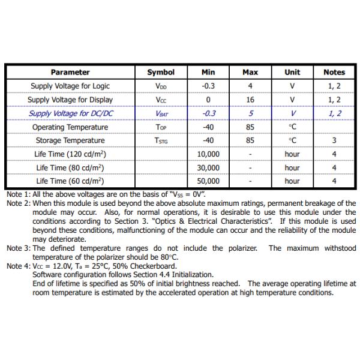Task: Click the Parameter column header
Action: point(70,72)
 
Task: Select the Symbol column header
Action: point(161,72)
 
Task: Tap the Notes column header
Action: point(334,72)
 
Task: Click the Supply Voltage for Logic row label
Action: point(70,86)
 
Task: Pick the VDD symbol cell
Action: point(161,86)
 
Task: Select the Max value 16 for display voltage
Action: point(250,100)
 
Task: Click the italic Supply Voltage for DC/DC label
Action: point(70,113)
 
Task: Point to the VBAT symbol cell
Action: point(161,113)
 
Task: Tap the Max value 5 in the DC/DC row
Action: point(250,113)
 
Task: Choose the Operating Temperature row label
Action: point(70,127)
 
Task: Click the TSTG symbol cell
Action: point(161,140)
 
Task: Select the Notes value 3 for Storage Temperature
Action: point(334,140)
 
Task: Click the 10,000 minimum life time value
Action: point(208,154)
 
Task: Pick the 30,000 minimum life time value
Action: point(208,167)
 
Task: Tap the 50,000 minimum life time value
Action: point(208,181)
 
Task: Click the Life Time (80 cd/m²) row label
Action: point(70,167)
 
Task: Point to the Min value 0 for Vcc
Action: point(208,100)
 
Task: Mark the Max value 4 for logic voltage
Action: point(250,86)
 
